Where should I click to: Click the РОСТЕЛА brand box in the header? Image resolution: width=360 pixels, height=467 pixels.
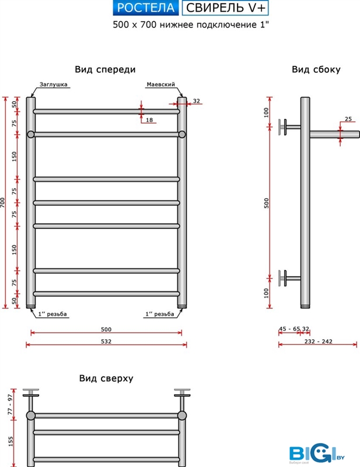[x=145, y=8]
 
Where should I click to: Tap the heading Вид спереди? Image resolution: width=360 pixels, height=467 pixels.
[x=106, y=69]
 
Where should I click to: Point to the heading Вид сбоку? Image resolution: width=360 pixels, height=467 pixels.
[x=316, y=69]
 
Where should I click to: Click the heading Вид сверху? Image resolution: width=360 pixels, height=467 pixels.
[x=106, y=378]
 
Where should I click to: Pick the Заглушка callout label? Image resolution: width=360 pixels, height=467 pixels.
[x=54, y=84]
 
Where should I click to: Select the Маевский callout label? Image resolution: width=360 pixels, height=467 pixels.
[x=161, y=84]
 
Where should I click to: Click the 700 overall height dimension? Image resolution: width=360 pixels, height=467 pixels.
[x=4, y=203]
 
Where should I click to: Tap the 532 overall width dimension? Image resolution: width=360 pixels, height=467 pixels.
[x=106, y=341]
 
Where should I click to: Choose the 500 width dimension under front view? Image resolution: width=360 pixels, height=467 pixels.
[x=106, y=329]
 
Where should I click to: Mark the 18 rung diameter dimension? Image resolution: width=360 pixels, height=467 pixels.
[x=149, y=120]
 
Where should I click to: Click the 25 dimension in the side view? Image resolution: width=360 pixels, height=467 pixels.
[x=348, y=119]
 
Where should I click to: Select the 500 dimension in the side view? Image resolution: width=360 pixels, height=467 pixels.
[x=266, y=203]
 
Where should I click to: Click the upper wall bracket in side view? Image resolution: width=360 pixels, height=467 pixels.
[x=286, y=127]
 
